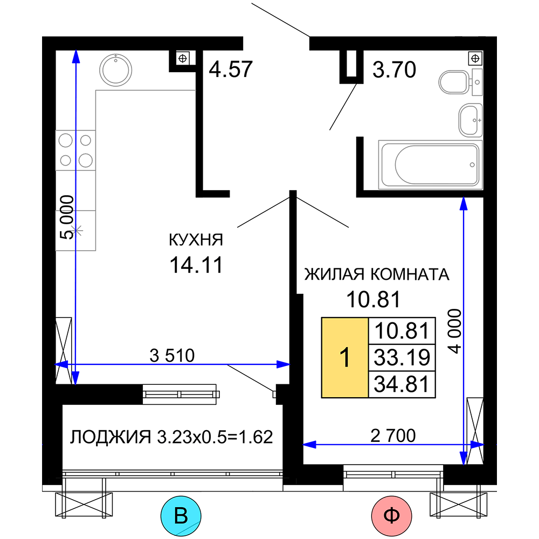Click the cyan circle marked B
tap(181, 516)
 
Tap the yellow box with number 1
tap(345, 357)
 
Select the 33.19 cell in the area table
tap(402, 357)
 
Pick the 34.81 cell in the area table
tap(402, 384)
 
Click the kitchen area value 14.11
tap(196, 265)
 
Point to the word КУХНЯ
tap(196, 240)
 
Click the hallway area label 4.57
tap(231, 69)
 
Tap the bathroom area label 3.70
tap(395, 70)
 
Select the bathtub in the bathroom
tap(430, 164)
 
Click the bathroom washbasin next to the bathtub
tap(470, 120)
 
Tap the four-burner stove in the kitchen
tap(75, 150)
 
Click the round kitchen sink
tap(116, 70)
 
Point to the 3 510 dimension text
tap(172, 355)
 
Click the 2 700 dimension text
tap(393, 436)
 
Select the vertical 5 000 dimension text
tap(67, 217)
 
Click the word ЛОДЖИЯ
tap(110, 437)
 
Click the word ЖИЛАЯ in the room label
tap(334, 274)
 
